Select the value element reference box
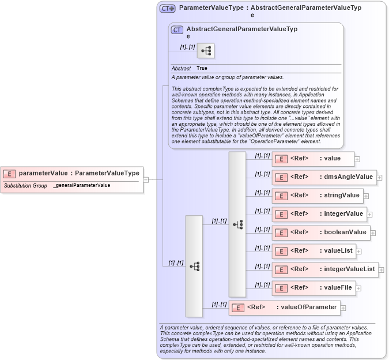(312, 159)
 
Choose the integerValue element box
(319, 214)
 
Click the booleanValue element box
(320, 232)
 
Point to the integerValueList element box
(324, 269)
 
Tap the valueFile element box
(314, 288)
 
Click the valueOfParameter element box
(284, 307)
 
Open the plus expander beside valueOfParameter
(343, 308)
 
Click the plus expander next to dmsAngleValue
(380, 178)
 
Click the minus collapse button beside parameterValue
(146, 179)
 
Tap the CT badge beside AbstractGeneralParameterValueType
(177, 30)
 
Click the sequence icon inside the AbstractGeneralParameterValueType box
(206, 51)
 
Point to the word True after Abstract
(202, 68)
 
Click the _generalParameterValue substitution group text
(81, 186)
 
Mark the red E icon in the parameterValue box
(10, 173)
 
